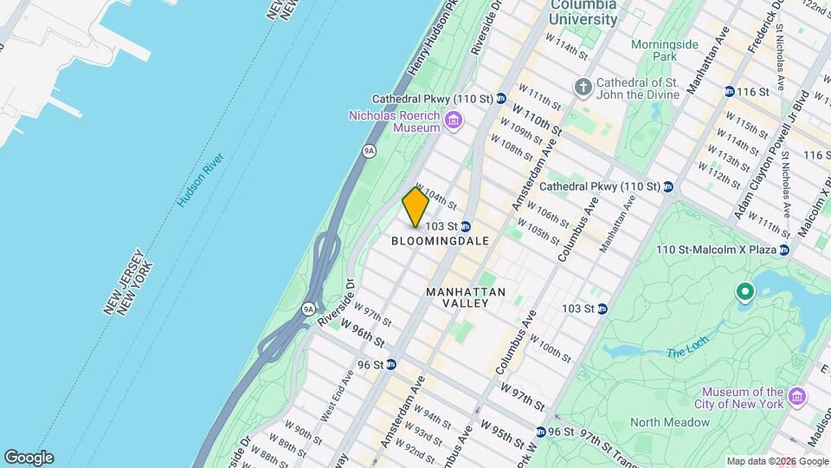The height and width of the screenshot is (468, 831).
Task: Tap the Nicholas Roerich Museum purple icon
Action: point(453,120)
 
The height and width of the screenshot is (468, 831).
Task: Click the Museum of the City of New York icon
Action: point(797,398)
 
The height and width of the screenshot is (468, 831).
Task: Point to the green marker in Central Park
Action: point(744,293)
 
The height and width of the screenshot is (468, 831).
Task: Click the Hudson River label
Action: point(200,179)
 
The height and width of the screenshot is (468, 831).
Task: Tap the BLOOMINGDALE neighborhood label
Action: point(441,241)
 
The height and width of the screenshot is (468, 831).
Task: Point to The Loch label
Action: point(686,353)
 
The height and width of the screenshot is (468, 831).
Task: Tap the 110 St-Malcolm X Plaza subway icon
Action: point(784,250)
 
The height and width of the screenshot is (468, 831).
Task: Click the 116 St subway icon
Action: point(730,91)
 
